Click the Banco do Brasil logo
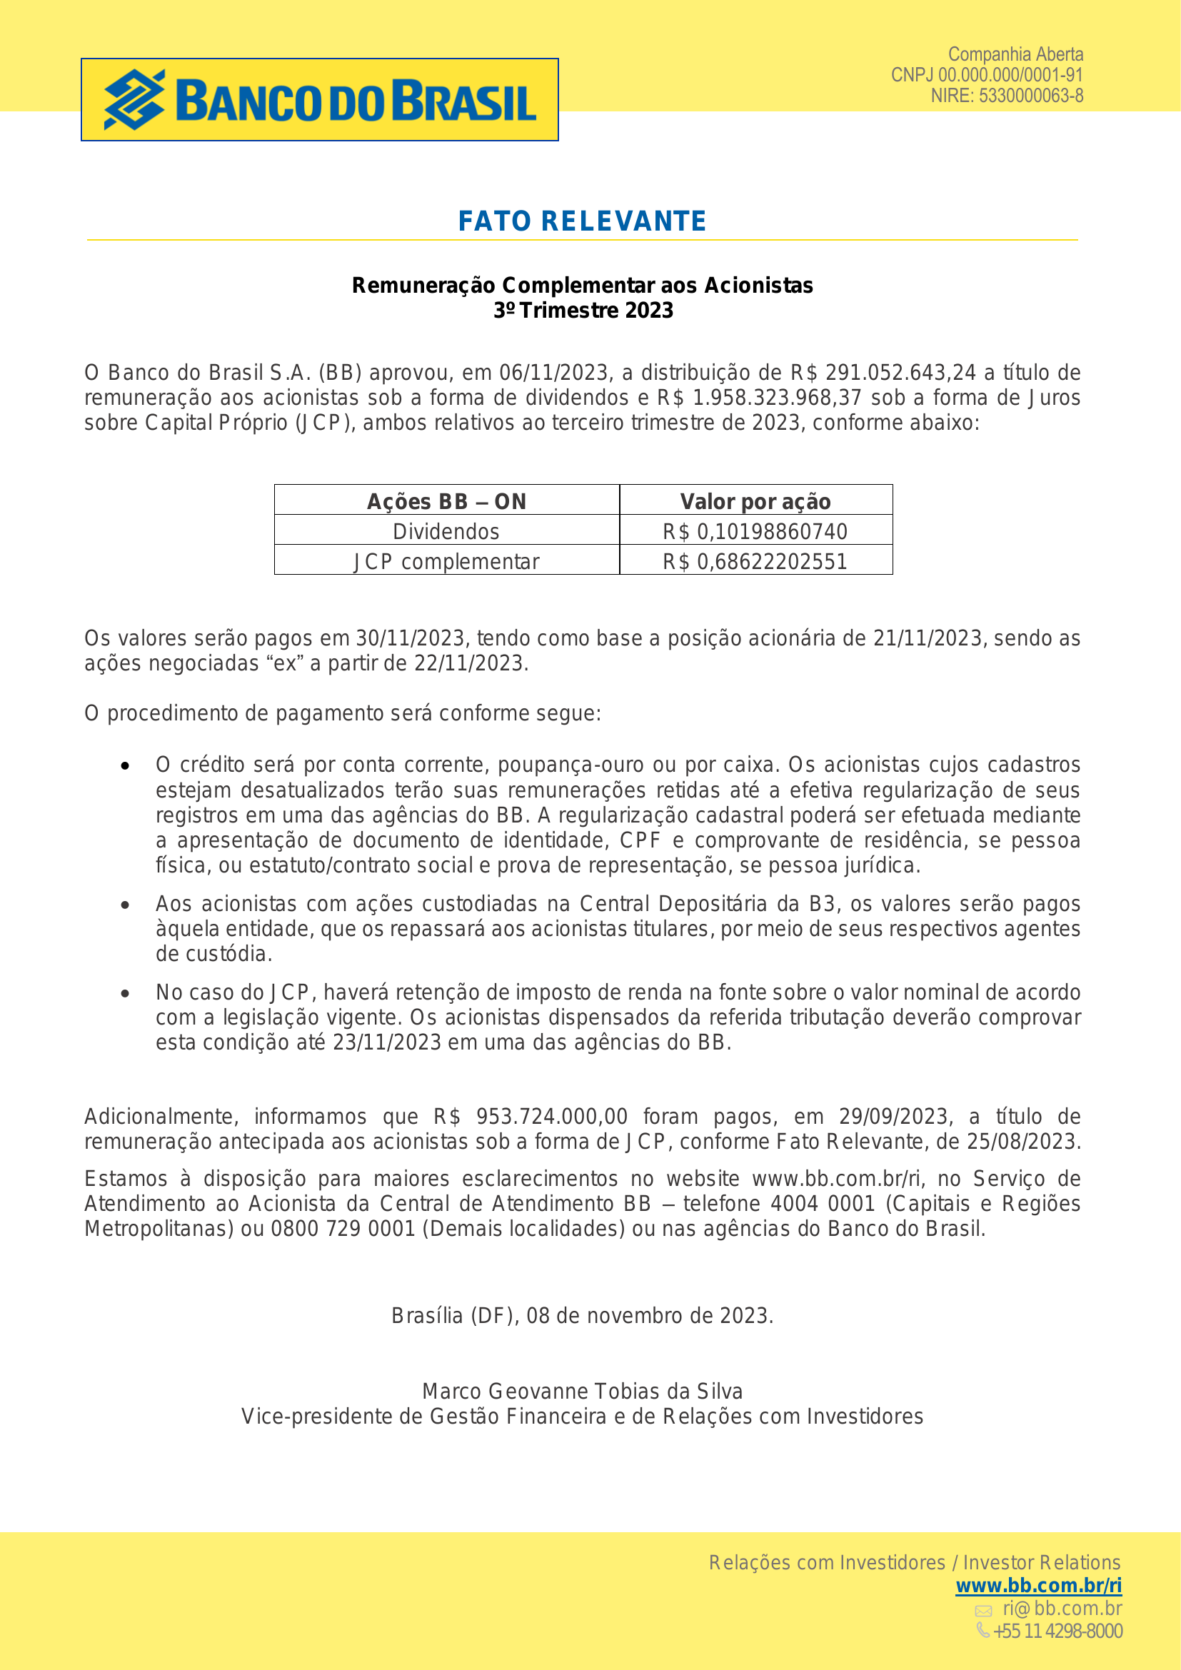click(x=319, y=100)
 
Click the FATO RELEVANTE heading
click(x=582, y=221)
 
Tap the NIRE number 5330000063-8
click(x=1030, y=95)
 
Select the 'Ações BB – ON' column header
click(x=446, y=501)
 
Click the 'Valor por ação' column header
click(x=755, y=501)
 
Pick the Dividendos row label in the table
click(x=446, y=532)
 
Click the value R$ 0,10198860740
click(x=755, y=532)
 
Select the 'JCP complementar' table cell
click(x=446, y=561)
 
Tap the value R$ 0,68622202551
click(x=755, y=561)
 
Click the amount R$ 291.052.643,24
click(x=883, y=373)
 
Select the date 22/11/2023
click(x=469, y=663)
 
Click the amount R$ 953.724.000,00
click(x=530, y=1117)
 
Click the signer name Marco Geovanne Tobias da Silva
click(x=583, y=1392)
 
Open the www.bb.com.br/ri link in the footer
click(x=1037, y=1585)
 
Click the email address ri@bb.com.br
click(x=1062, y=1608)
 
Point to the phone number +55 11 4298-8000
click(x=1057, y=1631)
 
